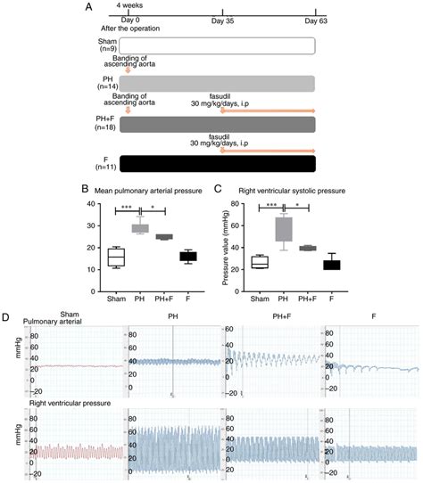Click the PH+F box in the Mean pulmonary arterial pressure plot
[189, 237]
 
